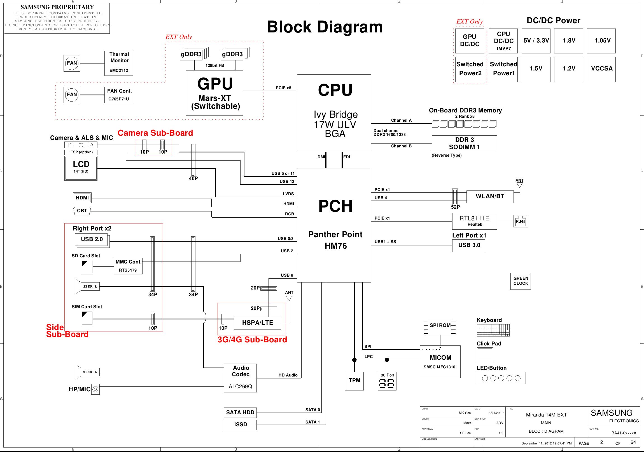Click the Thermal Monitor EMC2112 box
point(119,63)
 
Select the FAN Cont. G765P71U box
point(119,95)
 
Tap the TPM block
point(354,381)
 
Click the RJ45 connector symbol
point(521,221)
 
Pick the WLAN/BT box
point(490,196)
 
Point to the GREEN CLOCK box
point(521,281)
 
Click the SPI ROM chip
point(440,326)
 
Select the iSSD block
point(240,425)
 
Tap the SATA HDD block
point(240,413)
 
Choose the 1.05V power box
point(601,41)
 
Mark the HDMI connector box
point(82,198)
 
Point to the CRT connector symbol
point(82,211)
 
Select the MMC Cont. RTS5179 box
point(128,266)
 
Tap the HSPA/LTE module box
point(258,323)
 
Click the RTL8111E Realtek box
point(475,221)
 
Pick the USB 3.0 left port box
point(469,246)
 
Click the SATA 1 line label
point(312,422)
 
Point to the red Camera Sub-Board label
point(155,133)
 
